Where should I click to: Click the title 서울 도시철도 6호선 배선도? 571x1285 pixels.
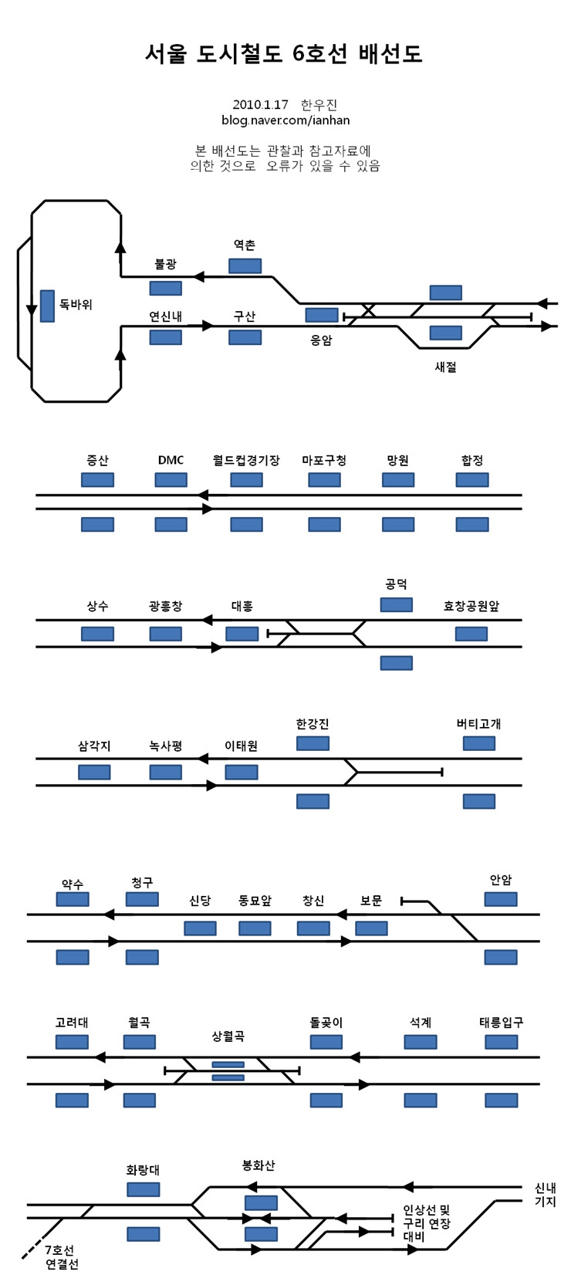click(284, 53)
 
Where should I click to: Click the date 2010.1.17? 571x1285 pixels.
click(260, 105)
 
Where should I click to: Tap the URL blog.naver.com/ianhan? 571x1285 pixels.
click(285, 120)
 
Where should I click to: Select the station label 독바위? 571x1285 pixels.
click(76, 305)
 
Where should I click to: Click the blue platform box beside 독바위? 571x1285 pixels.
click(47, 306)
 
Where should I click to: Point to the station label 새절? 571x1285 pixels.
click(446, 367)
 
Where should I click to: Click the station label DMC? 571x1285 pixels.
click(171, 460)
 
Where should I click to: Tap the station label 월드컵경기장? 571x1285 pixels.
click(246, 460)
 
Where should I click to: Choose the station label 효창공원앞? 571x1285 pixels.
click(471, 606)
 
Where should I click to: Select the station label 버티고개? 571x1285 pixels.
click(478, 724)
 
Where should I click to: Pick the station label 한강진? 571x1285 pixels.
click(313, 724)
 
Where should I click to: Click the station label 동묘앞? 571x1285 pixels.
click(255, 900)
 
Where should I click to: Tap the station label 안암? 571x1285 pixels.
click(501, 880)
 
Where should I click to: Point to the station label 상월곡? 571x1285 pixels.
click(228, 1036)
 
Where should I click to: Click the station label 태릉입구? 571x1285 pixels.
click(501, 1022)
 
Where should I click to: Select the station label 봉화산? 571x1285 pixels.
click(258, 1165)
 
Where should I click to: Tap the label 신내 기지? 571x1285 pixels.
click(545, 1195)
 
